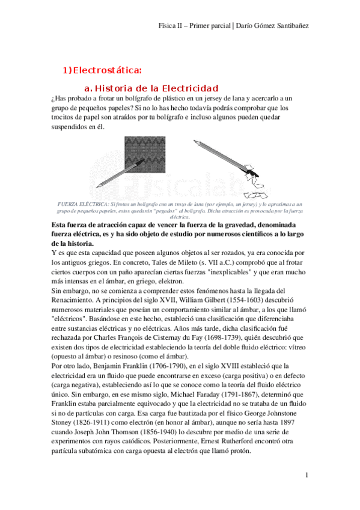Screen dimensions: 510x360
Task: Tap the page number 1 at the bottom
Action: [x=306, y=475]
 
